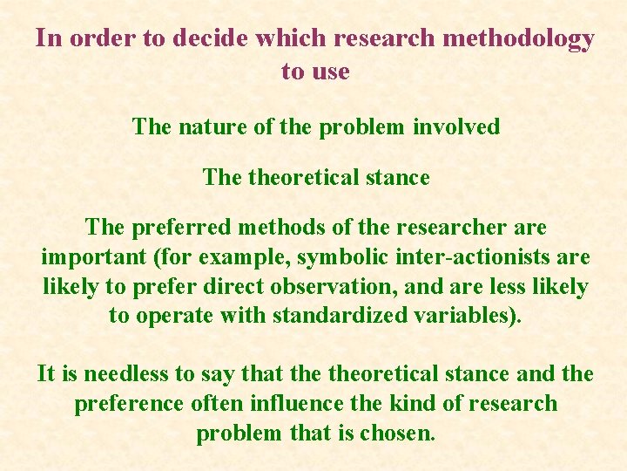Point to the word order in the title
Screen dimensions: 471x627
pos(92,39)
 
